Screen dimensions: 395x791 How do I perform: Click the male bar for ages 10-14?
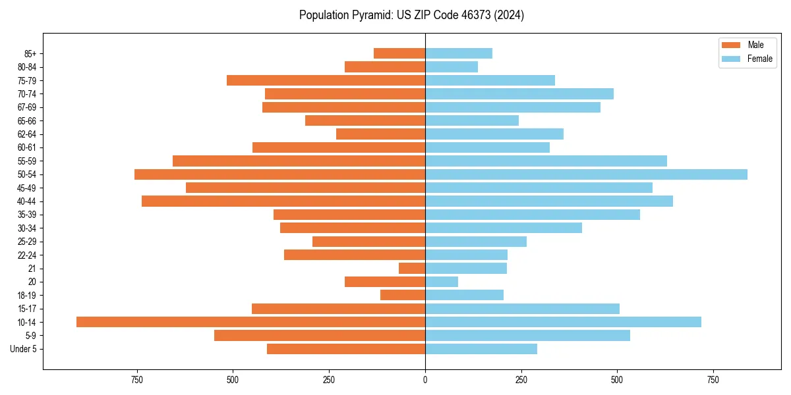[250, 322]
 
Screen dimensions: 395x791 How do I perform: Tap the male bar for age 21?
[412, 269]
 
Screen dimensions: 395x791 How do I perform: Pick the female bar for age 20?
[442, 282]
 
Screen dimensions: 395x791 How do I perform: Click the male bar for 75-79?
[326, 80]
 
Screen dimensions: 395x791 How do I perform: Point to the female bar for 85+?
[459, 53]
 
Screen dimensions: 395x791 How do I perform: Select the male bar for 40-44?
[283, 201]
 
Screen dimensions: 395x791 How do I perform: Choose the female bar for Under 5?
[481, 349]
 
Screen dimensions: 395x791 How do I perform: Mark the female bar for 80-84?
[452, 67]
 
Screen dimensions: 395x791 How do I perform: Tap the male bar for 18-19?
[403, 296]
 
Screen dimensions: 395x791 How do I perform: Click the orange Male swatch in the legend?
[731, 45]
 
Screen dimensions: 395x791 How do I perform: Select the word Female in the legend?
[759, 59]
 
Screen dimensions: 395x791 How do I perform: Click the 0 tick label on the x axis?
[425, 381]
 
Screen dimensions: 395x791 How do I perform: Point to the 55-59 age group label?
[27, 161]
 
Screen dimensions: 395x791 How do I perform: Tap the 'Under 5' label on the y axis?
[23, 349]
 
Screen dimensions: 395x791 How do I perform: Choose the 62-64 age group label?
[27, 134]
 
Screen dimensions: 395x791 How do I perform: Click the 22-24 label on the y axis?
[27, 255]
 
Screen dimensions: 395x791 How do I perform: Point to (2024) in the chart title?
[509, 15]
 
